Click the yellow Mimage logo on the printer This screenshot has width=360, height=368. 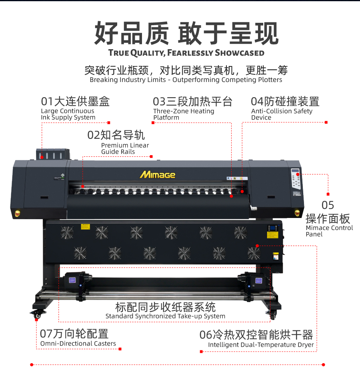[x=158, y=175]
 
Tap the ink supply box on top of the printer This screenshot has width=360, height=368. [x=53, y=154]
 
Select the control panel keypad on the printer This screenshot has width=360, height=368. [x=296, y=179]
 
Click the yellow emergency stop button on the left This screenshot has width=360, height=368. [x=18, y=213]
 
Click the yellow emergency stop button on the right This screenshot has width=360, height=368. [x=297, y=213]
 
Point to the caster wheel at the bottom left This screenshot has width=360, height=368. [x=38, y=314]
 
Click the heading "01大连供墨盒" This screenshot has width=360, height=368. [x=75, y=101]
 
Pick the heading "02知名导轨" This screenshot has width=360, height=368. [x=116, y=135]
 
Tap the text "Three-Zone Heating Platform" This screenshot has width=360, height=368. [x=184, y=114]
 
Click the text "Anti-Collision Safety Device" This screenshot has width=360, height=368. [x=282, y=114]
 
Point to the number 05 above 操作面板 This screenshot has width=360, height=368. [x=328, y=205]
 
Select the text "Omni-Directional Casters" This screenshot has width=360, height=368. [x=78, y=344]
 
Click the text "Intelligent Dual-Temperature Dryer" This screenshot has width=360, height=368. [x=261, y=345]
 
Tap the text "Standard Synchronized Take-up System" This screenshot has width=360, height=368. [x=165, y=316]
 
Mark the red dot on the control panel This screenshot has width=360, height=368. [x=298, y=174]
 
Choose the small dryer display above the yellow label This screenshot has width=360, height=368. [x=273, y=228]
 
